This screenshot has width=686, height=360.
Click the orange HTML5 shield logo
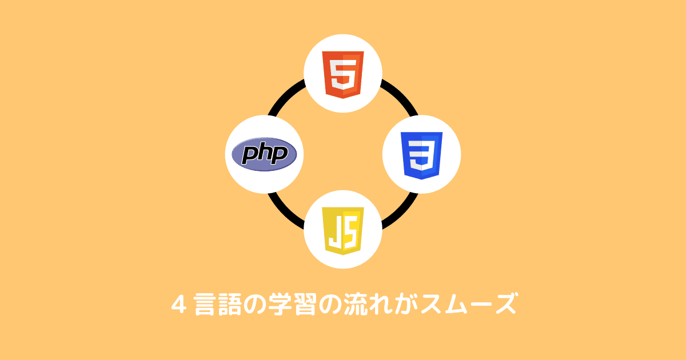pyautogui.click(x=343, y=74)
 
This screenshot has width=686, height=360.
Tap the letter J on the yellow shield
pyautogui.click(x=334, y=230)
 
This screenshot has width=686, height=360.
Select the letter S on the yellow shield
pyautogui.click(x=350, y=230)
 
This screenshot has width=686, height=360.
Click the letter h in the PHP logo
pyautogui.click(x=265, y=154)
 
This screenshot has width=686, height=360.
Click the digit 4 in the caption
pyautogui.click(x=178, y=303)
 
